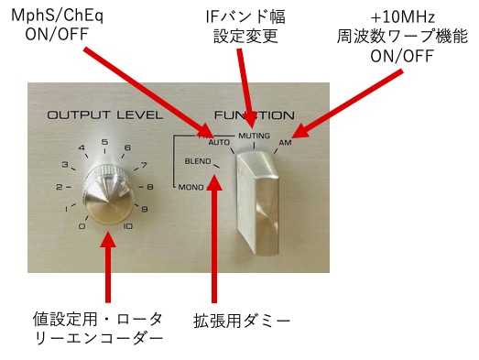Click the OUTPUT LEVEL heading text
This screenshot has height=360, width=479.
(x=104, y=115)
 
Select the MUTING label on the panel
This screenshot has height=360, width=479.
(x=255, y=136)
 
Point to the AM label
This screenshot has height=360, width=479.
(x=286, y=142)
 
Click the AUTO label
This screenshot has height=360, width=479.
(x=219, y=142)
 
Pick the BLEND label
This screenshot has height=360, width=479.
(x=198, y=161)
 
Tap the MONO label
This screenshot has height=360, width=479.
(x=191, y=187)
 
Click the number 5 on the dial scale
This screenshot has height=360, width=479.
(x=104, y=142)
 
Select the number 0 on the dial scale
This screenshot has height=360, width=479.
(x=82, y=226)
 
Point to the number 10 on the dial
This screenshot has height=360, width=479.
(x=128, y=226)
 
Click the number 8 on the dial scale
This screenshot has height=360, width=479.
(x=149, y=187)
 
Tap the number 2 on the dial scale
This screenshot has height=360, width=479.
(x=60, y=187)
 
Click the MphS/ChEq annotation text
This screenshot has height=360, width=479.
(x=57, y=16)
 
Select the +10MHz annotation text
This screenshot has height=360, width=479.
(x=402, y=17)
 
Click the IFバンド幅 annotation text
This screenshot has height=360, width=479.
(x=245, y=16)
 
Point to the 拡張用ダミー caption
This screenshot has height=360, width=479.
(x=242, y=321)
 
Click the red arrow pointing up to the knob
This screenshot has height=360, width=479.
(x=107, y=267)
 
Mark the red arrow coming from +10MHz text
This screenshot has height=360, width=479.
(x=347, y=104)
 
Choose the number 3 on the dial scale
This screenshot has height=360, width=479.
(x=65, y=164)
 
